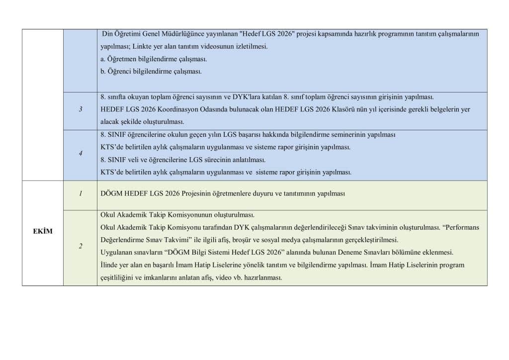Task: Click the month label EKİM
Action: click(42, 231)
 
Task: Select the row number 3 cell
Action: click(81, 109)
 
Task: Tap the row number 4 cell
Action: click(81, 154)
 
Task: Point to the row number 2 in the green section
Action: click(81, 247)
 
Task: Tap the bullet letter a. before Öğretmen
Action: click(103, 59)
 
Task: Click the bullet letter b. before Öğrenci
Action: click(103, 71)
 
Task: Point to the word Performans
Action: click(462, 227)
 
